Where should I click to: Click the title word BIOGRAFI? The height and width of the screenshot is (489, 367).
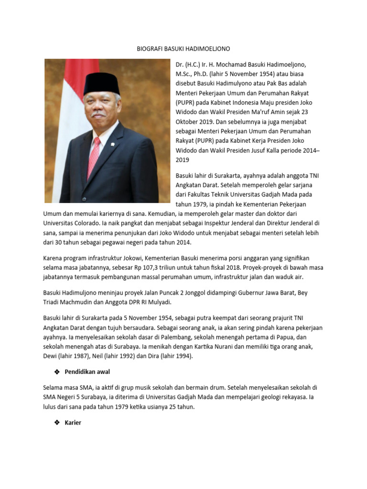click(x=149, y=49)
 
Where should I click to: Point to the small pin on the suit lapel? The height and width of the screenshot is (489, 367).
click(x=113, y=143)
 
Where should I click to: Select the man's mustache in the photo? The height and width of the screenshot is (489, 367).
click(x=98, y=115)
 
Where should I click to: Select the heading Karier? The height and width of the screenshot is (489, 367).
click(x=73, y=423)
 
